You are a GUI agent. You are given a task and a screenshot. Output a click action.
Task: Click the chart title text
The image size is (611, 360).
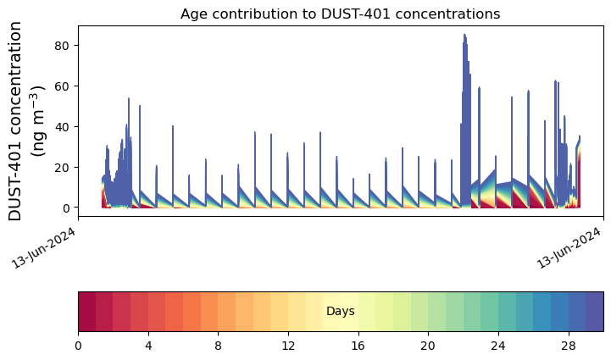point(340,14)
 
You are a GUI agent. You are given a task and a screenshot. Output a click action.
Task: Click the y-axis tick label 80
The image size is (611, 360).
point(62,46)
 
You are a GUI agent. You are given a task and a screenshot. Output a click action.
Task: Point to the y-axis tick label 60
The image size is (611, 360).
point(62,86)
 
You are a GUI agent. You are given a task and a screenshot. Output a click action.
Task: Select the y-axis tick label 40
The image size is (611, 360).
point(62,127)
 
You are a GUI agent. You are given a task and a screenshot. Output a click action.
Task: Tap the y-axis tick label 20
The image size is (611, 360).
point(62,168)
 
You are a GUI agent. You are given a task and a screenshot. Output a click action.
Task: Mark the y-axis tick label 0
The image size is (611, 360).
point(65,208)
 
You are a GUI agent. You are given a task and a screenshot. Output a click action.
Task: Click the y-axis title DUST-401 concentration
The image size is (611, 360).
point(14,121)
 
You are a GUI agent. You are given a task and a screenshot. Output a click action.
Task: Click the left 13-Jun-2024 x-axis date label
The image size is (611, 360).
point(43,248)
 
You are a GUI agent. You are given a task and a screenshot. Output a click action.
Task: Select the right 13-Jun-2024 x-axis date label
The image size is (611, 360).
point(569,248)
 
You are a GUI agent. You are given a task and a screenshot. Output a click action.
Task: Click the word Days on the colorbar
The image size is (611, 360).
point(341,312)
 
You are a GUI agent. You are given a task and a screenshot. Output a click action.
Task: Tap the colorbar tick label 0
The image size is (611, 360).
point(78,346)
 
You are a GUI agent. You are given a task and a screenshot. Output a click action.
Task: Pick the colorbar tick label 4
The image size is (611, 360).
point(148,346)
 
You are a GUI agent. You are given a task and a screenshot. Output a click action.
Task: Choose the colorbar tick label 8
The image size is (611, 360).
point(219,346)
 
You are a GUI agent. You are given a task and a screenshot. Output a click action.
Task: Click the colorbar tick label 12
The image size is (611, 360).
point(288,346)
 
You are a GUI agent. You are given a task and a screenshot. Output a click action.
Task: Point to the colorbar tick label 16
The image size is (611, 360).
point(358,346)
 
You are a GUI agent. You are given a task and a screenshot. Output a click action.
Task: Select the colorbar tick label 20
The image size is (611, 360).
point(428,346)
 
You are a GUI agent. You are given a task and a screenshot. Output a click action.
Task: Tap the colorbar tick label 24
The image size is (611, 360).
point(498,346)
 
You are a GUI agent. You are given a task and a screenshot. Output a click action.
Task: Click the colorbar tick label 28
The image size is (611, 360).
point(569,346)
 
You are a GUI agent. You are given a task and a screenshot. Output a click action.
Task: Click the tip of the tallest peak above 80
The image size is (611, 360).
point(464,34)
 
